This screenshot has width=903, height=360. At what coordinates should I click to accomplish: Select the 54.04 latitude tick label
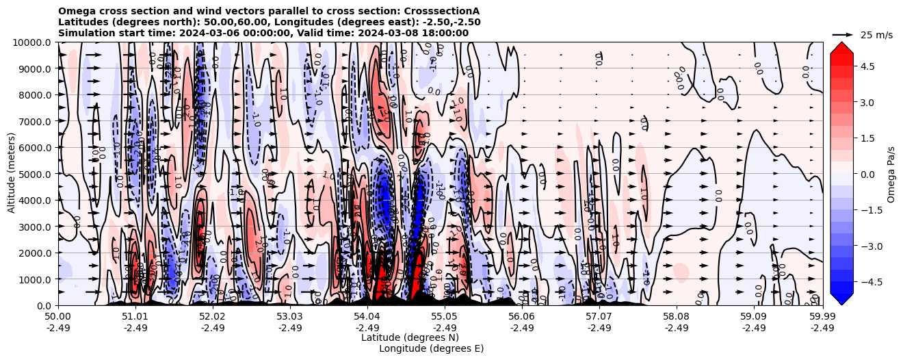coord(367,317)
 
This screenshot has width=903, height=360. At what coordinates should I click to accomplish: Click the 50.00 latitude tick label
coord(58,317)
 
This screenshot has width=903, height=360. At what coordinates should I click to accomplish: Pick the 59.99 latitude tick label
coord(822,317)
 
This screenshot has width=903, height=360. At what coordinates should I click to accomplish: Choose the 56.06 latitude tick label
coord(521,317)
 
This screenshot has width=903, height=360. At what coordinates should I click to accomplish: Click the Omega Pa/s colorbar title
coord(891,174)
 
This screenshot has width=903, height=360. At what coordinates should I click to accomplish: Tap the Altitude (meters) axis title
coord(12,174)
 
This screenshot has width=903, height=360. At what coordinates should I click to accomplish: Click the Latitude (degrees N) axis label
coord(410,337)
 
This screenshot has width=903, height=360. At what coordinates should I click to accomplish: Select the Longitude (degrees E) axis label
coord(431,348)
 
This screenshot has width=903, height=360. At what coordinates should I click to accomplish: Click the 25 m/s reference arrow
coord(843,34)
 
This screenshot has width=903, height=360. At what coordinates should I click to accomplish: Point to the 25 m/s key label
coord(876,35)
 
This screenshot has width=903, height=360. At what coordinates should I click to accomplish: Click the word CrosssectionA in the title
coord(442,12)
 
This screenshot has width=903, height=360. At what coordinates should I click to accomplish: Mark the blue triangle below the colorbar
coord(841,299)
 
